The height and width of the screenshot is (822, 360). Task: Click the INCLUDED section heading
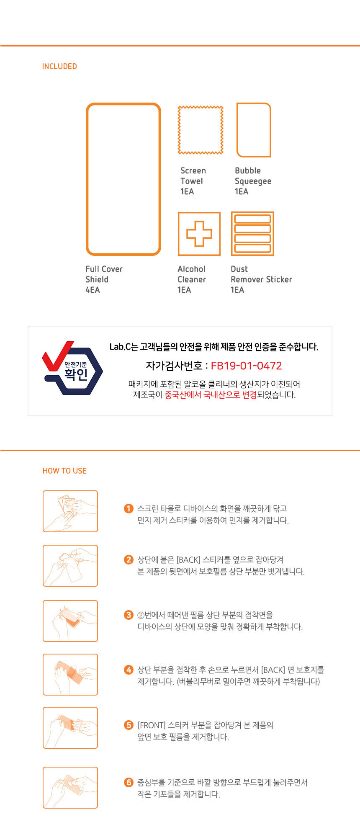59,66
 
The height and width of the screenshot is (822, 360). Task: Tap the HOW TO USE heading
64,471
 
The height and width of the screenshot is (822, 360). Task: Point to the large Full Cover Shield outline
87,179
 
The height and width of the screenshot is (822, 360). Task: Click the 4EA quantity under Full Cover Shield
93,290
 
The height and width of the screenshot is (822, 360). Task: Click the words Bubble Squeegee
253,176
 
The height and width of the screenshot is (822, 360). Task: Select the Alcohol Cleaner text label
192,274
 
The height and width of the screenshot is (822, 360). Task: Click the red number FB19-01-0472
246,366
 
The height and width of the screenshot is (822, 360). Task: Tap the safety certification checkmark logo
72,368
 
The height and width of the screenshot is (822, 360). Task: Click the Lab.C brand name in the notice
120,347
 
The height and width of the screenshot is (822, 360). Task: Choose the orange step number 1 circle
129,508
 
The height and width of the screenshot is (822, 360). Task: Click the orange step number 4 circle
129,670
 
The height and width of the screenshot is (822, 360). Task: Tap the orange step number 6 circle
129,782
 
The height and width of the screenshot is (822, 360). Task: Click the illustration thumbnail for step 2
70,566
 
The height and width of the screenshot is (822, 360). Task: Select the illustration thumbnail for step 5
70,728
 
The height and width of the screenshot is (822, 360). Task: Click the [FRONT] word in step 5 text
152,725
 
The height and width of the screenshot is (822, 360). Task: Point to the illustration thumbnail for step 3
70,621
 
